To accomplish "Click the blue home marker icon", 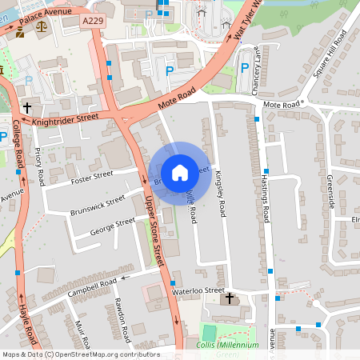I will pyautogui.click(x=180, y=172).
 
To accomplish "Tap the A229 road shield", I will pyautogui.click(x=93, y=25).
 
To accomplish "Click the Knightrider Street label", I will pyautogui.click(x=65, y=119).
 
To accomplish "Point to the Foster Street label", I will pyautogui.click(x=92, y=176).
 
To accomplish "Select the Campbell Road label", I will pyautogui.click(x=92, y=286).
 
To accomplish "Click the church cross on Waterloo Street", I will pyautogui.click(x=230, y=298).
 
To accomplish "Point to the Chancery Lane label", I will pyautogui.click(x=257, y=77).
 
